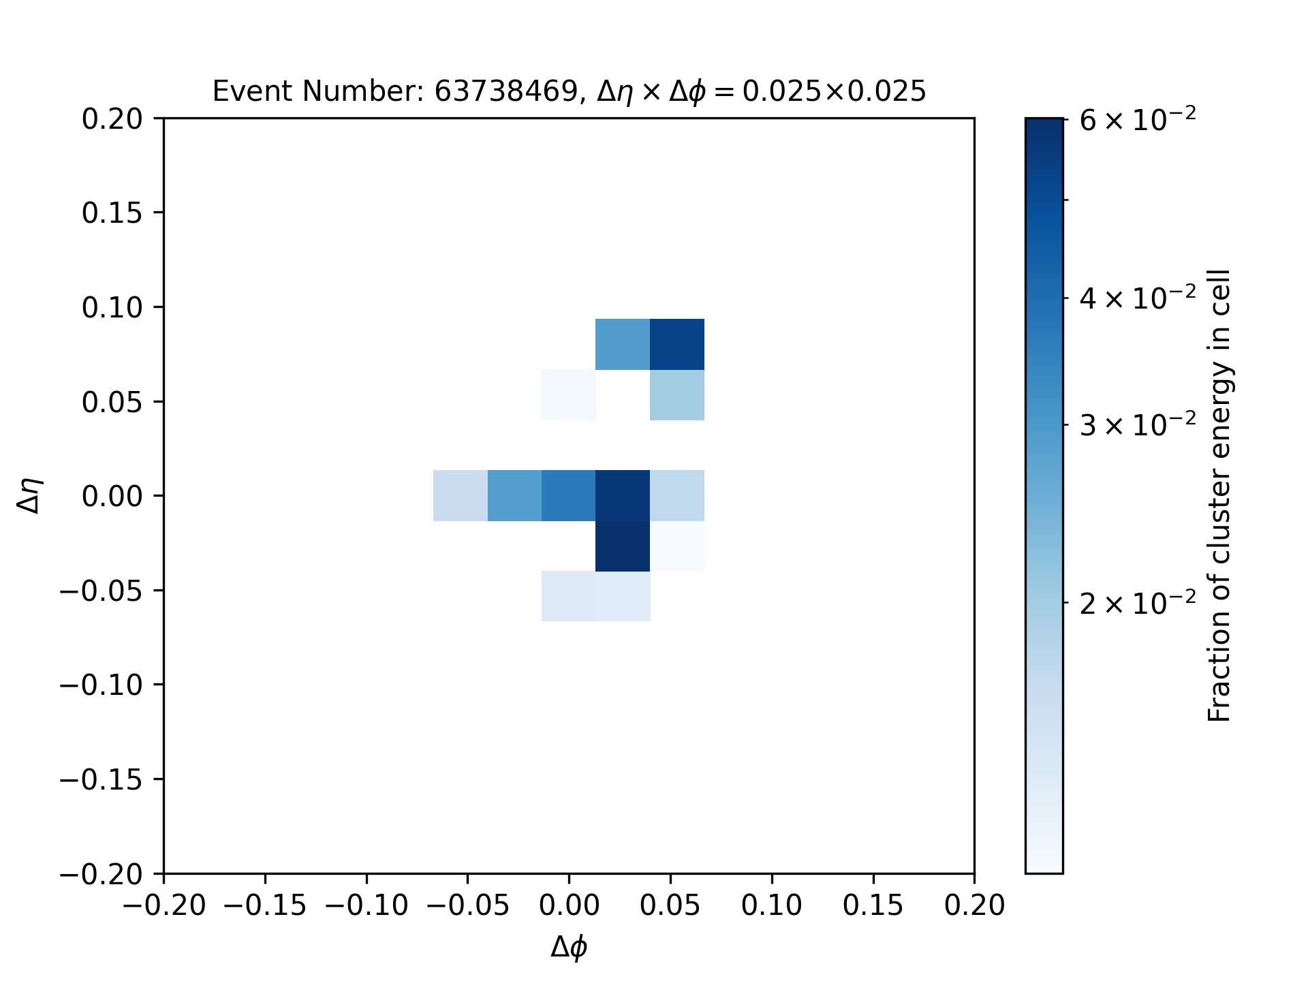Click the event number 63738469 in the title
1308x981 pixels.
tap(506, 91)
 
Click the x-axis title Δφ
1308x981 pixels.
tap(569, 947)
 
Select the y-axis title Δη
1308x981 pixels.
tap(31, 495)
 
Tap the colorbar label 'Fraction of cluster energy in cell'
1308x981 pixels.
tap(1219, 495)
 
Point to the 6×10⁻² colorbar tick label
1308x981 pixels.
tap(1138, 120)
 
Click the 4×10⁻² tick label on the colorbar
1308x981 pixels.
tap(1138, 298)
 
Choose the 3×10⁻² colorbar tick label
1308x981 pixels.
tap(1138, 425)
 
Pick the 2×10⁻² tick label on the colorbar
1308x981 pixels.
tap(1138, 603)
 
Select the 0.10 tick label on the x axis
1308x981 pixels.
tap(771, 905)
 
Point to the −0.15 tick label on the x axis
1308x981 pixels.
tap(264, 905)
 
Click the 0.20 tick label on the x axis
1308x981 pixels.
tap(974, 905)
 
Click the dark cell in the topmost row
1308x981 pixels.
tap(677, 344)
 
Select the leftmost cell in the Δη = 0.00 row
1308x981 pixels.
tap(461, 495)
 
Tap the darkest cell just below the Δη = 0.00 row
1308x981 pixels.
tap(623, 546)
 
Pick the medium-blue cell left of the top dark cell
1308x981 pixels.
tap(623, 344)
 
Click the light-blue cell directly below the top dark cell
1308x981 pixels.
tap(677, 395)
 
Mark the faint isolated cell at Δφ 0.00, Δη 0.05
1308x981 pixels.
tap(569, 395)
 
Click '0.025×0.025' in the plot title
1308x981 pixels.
tap(834, 91)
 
